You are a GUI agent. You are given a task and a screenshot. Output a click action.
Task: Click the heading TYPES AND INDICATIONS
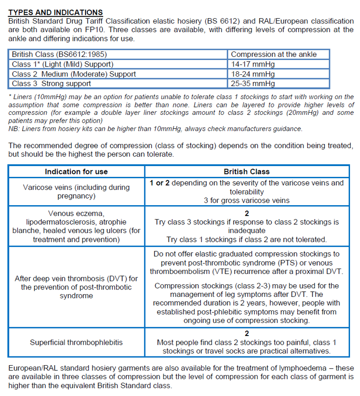point(56,13)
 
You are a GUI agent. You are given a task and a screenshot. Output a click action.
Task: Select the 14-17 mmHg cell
point(253,64)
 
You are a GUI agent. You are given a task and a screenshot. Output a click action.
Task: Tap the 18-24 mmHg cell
point(253,74)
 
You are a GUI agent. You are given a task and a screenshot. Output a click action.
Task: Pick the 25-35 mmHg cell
point(253,83)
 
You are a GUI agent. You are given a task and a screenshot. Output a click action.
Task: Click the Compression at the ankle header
point(273,54)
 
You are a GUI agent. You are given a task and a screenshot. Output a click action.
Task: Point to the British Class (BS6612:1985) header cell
point(59,54)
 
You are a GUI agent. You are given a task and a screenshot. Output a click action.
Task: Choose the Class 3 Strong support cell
point(51,83)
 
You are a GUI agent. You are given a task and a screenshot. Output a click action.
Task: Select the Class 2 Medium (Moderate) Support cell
point(74,74)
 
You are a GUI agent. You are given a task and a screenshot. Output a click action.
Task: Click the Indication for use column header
point(76,172)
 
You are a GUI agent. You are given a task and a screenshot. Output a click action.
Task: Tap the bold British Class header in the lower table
point(247,172)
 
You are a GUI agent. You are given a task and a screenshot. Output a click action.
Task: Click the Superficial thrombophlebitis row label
point(76,343)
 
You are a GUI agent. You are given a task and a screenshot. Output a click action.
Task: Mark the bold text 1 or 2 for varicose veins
point(160,183)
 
